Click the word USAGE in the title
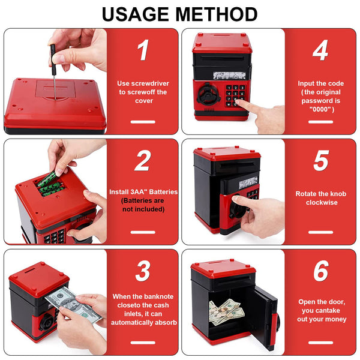pos(135,14)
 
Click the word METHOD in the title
pos(217,14)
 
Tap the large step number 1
pos(143,50)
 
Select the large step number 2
pos(143,160)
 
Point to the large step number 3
pos(143,271)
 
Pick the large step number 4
pos(320,50)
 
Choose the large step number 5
pos(321,160)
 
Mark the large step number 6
pos(321,271)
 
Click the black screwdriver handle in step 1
pos(53,59)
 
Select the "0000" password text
pos(320,109)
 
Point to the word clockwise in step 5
pos(322,203)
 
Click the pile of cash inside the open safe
pos(226,311)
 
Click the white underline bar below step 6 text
pos(321,343)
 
